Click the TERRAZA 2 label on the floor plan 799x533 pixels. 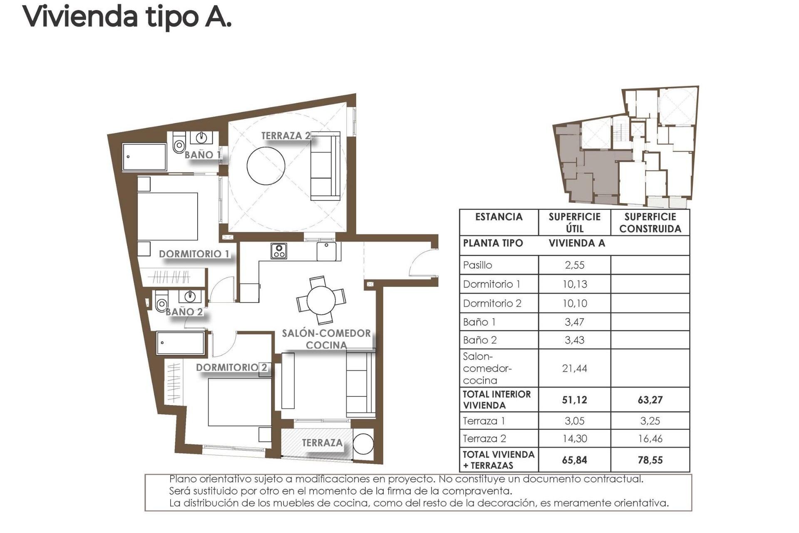[x=285, y=136]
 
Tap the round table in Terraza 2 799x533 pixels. [x=266, y=165]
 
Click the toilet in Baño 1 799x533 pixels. [x=179, y=144]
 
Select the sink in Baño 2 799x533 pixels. [x=190, y=296]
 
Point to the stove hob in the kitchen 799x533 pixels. [x=279, y=251]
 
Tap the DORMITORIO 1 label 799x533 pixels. [x=194, y=254]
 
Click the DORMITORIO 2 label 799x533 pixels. [x=231, y=367]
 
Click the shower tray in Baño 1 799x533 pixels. [x=144, y=157]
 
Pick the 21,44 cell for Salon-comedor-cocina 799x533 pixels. [x=574, y=368]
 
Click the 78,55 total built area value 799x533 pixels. [x=650, y=460]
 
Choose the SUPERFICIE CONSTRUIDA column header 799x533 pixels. [x=650, y=223]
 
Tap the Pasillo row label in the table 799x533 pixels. [x=478, y=265]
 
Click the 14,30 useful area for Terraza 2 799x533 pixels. [x=574, y=438]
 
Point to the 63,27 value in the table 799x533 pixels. [x=650, y=400]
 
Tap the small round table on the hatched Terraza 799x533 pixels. [x=363, y=444]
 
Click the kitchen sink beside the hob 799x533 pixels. [x=327, y=251]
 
